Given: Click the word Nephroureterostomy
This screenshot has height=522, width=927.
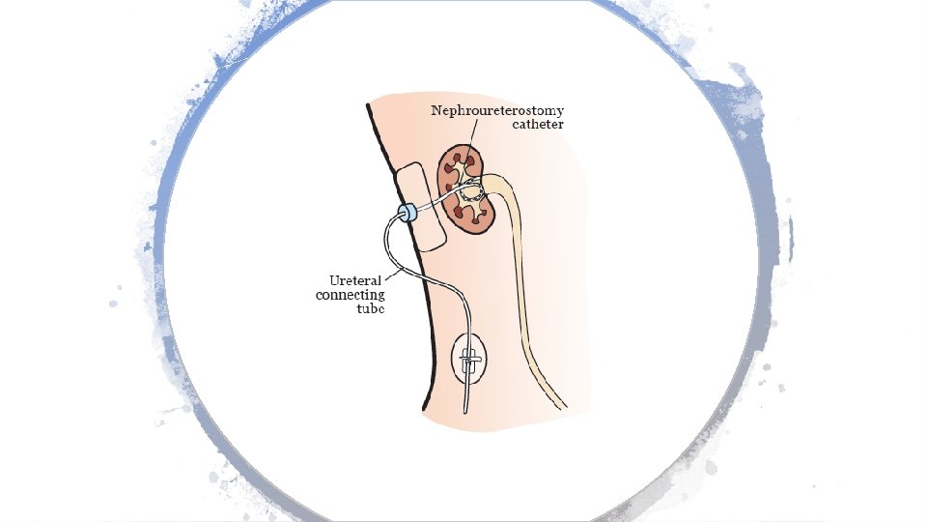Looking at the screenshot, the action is (496, 110).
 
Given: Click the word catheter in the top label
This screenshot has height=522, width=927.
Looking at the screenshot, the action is (538, 125).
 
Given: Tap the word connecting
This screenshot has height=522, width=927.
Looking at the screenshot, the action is (350, 295).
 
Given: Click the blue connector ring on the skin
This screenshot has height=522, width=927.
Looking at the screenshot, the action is (407, 213).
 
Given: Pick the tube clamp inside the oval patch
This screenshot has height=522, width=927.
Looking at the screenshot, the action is (469, 362).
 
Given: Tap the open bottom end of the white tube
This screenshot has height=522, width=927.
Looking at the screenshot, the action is (464, 411).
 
